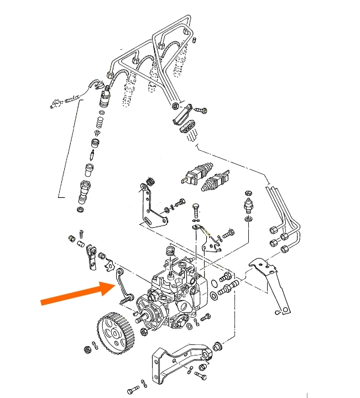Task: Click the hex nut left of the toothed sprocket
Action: tap(87, 350)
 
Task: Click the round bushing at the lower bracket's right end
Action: tap(216, 346)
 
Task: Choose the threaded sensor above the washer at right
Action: tap(247, 205)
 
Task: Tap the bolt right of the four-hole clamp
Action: tap(201, 111)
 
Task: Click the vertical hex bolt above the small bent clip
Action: tap(196, 211)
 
